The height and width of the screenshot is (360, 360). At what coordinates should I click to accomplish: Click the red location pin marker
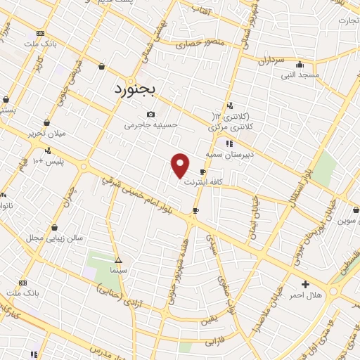click(181, 165)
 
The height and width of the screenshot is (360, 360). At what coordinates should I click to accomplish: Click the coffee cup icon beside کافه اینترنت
click(203, 172)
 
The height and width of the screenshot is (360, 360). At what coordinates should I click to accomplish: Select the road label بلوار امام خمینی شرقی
click(144, 196)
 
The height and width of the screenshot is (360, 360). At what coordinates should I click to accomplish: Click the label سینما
click(117, 270)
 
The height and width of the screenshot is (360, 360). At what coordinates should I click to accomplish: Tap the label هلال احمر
click(305, 295)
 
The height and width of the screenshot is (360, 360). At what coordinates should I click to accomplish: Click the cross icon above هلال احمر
click(305, 285)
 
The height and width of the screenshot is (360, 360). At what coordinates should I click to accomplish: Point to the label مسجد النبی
click(300, 75)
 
